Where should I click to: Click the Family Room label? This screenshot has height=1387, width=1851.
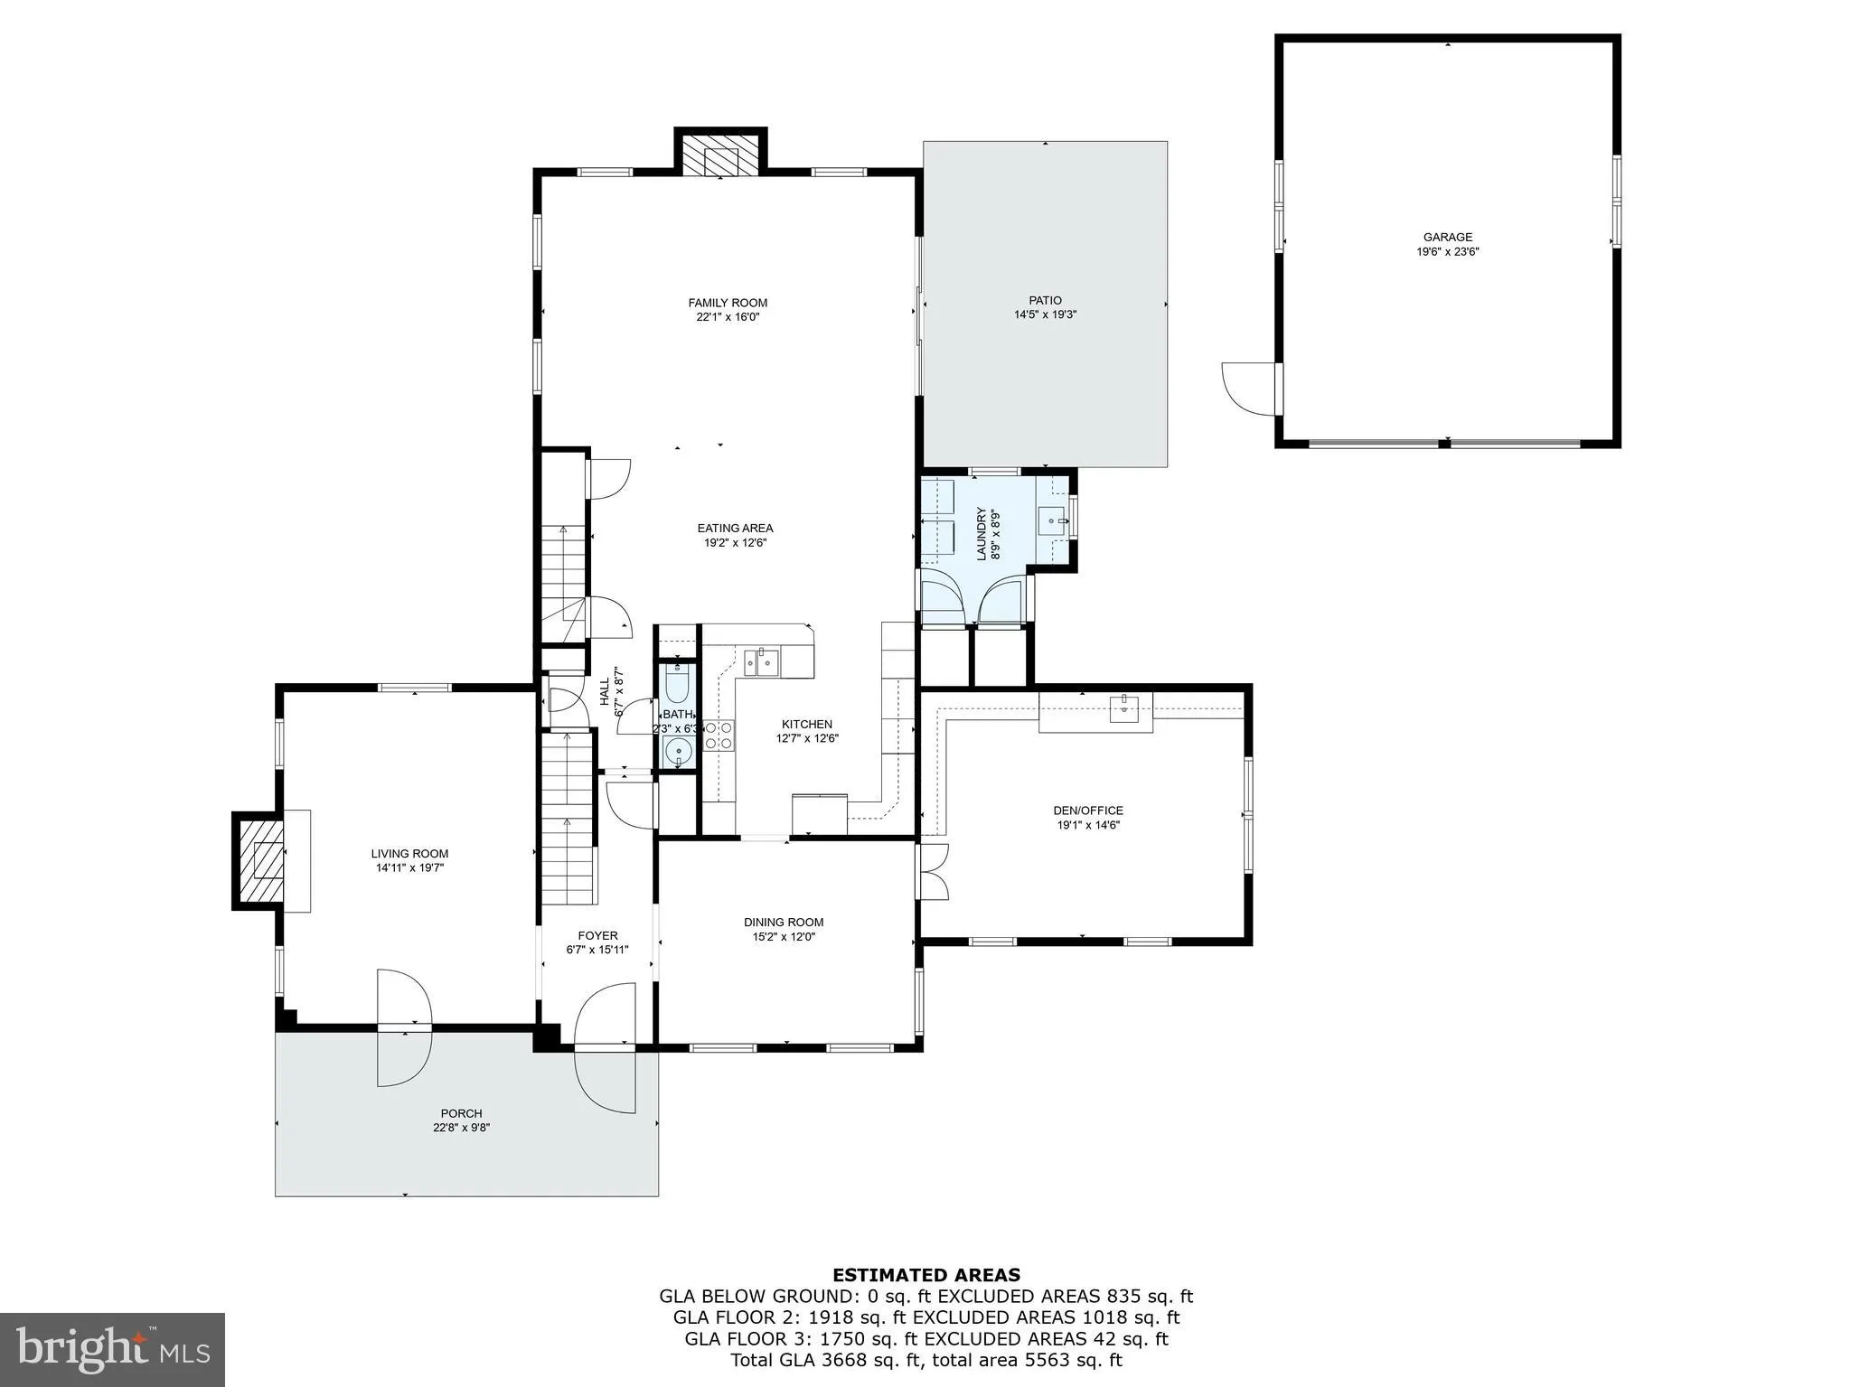[x=727, y=303]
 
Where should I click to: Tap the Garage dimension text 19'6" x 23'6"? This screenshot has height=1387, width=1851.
[x=1447, y=252]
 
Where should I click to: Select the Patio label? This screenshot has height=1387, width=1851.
[x=1045, y=300]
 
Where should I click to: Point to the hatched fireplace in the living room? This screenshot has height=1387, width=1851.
[x=258, y=859]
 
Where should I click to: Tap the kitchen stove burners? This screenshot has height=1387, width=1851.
[x=719, y=734]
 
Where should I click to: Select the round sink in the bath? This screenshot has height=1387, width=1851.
[x=677, y=750]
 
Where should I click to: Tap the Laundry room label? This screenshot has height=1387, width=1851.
[x=982, y=534]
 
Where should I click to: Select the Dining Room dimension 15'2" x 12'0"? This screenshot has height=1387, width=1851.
[x=784, y=937]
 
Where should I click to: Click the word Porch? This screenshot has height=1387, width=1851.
[x=461, y=1113]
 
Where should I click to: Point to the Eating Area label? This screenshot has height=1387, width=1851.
[x=735, y=528]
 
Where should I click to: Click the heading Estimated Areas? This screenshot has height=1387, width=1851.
[x=925, y=1275]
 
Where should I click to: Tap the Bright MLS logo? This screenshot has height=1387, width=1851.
[x=112, y=1349]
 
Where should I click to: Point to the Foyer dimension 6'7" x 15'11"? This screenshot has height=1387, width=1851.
[x=597, y=950]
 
